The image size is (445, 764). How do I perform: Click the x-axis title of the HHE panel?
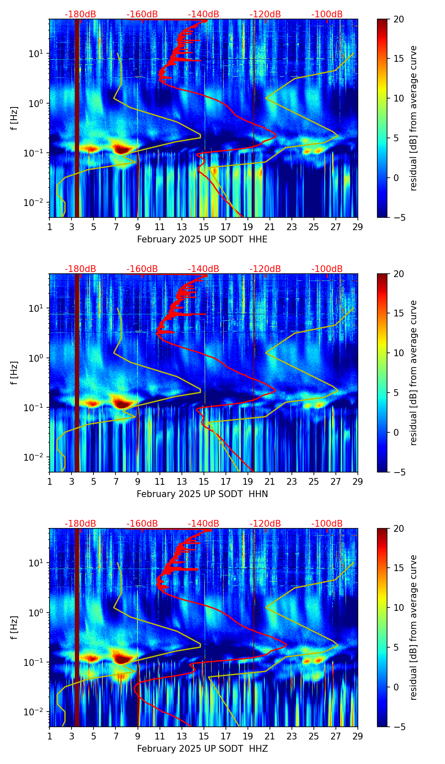(202, 239)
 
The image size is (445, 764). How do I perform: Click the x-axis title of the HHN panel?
(202, 494)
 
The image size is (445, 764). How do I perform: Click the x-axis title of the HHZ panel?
(202, 749)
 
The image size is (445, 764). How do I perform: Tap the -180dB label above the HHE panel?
(80, 14)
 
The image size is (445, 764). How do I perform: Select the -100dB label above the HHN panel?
(327, 269)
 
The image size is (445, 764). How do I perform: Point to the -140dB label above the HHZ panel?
(203, 524)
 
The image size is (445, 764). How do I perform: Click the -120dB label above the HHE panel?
(265, 14)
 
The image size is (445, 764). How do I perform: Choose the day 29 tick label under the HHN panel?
(357, 481)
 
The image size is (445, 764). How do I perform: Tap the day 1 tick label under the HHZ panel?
(49, 736)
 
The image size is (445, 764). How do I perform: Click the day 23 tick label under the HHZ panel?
(291, 736)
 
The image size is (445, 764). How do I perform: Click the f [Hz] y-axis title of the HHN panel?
(14, 373)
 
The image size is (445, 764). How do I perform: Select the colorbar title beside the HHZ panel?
(413, 627)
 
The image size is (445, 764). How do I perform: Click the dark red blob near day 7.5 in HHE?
(122, 149)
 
